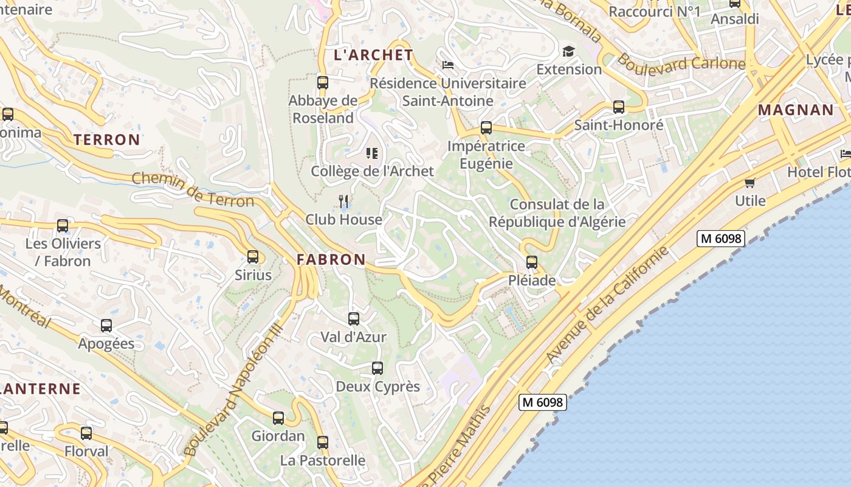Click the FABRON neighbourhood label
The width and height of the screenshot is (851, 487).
[331, 259]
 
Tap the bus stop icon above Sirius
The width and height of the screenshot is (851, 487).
[253, 257]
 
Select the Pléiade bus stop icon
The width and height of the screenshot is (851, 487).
[532, 262]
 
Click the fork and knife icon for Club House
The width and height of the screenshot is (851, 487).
[343, 201]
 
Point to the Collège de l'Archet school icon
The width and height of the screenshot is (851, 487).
[372, 153]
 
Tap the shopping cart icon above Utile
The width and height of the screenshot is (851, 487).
[750, 183]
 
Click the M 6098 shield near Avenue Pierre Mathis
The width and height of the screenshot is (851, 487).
[543, 402]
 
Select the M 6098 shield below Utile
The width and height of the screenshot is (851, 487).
[721, 239]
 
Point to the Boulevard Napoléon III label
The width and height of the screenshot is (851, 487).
[233, 390]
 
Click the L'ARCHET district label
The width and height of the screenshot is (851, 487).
[373, 55]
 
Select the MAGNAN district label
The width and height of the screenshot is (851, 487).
[796, 110]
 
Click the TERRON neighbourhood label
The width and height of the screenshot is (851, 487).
[107, 139]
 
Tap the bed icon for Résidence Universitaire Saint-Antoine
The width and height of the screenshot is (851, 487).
[448, 65]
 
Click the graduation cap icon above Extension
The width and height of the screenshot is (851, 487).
[568, 51]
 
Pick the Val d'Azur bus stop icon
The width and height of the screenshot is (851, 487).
[354, 318]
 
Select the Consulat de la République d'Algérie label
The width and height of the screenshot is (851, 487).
[557, 213]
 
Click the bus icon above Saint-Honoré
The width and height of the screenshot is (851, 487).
[619, 107]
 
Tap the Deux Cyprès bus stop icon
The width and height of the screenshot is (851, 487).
[377, 368]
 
